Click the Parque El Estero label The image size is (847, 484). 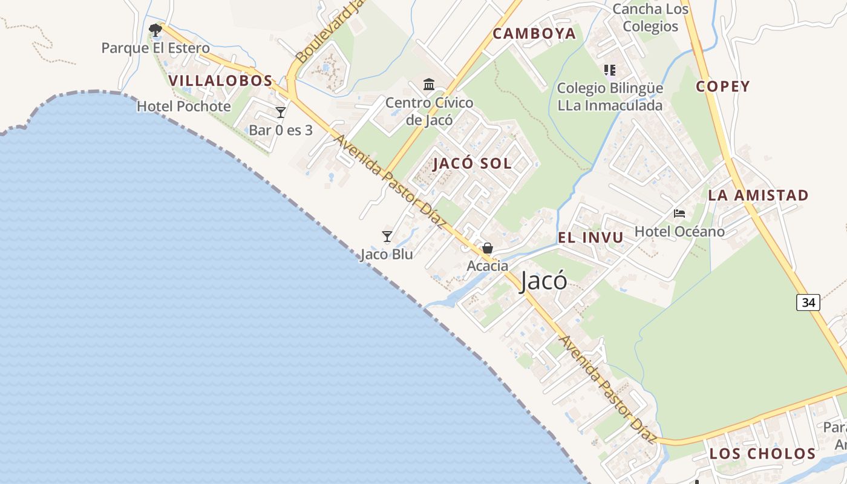(x=155, y=48)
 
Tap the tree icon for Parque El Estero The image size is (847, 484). (x=155, y=30)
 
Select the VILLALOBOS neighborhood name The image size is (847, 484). (x=220, y=80)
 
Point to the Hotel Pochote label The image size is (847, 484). (x=184, y=106)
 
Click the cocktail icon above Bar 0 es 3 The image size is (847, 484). (x=281, y=113)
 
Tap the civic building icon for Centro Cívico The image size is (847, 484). (x=430, y=84)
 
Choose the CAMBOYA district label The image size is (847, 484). (x=534, y=34)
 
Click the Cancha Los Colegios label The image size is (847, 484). (x=650, y=18)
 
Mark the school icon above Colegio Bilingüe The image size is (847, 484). (x=610, y=70)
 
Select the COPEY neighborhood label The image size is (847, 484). (x=722, y=87)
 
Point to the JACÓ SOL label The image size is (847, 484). (x=473, y=163)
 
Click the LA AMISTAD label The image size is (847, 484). (x=758, y=195)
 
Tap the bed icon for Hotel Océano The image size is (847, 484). (x=679, y=214)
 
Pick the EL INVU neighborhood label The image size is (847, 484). (x=590, y=238)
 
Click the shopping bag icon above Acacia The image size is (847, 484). (x=488, y=248)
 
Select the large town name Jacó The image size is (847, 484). (x=543, y=281)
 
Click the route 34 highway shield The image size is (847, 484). (x=808, y=302)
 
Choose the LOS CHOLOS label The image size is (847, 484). (x=762, y=454)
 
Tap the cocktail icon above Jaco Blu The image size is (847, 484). (x=387, y=236)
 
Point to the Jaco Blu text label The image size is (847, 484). (x=387, y=254)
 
